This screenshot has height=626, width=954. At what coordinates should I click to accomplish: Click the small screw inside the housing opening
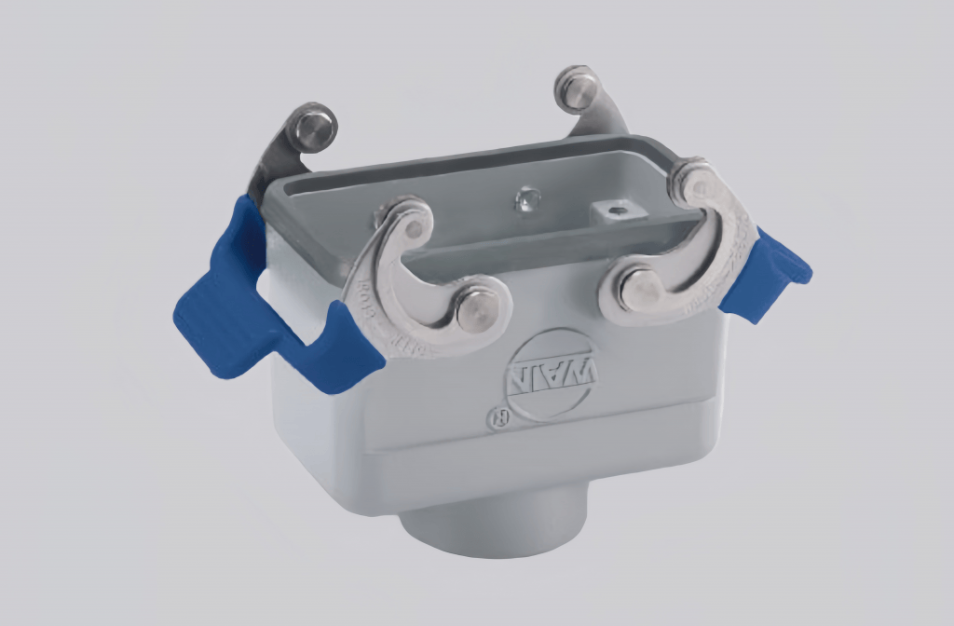(x=527, y=197)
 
